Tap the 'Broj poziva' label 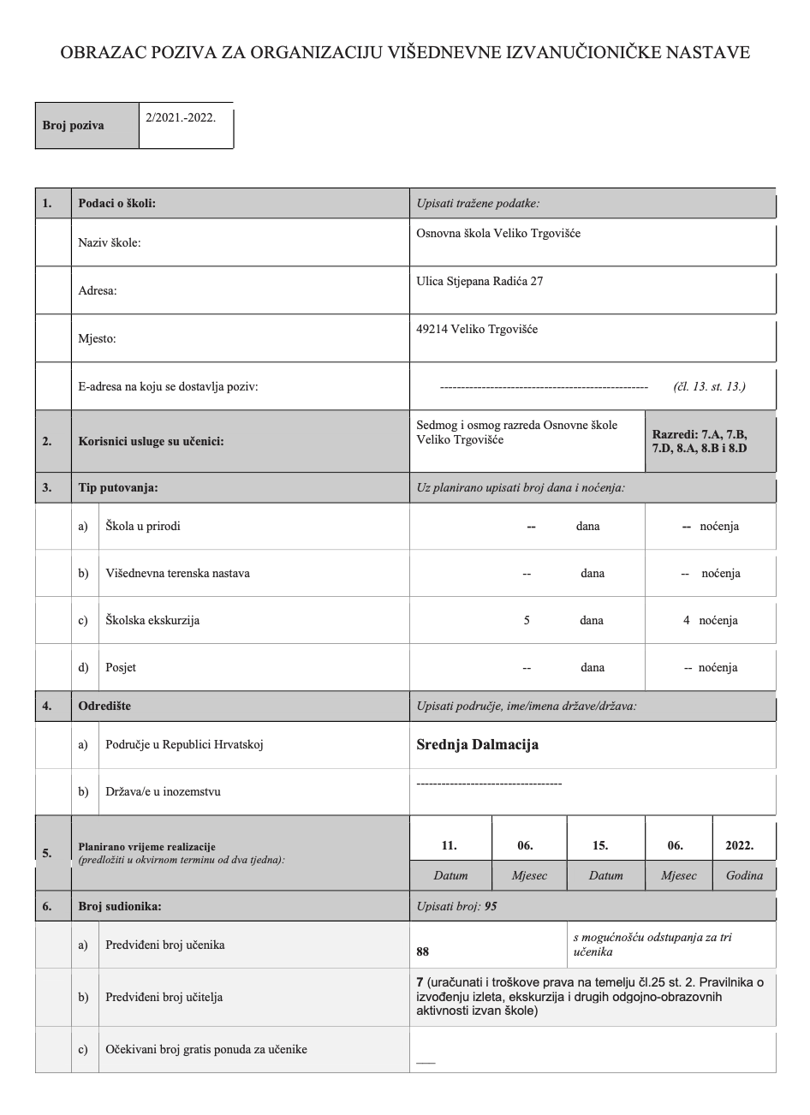pyautogui.click(x=73, y=125)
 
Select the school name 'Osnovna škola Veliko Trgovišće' pyautogui.click(x=497, y=233)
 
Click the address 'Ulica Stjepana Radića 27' pyautogui.click(x=479, y=281)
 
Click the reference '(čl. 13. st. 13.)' pyautogui.click(x=709, y=386)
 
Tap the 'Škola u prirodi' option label pyautogui.click(x=142, y=526)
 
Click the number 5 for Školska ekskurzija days pyautogui.click(x=527, y=620)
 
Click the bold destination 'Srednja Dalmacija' pyautogui.click(x=477, y=744)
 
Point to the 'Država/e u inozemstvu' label pyautogui.click(x=163, y=791)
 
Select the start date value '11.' pyautogui.click(x=449, y=845)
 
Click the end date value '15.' pyautogui.click(x=600, y=845)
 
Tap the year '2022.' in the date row pyautogui.click(x=739, y=845)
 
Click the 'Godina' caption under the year pyautogui.click(x=744, y=876)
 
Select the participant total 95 pyautogui.click(x=490, y=906)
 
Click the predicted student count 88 pyautogui.click(x=422, y=951)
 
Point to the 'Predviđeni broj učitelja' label pyautogui.click(x=164, y=997)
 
